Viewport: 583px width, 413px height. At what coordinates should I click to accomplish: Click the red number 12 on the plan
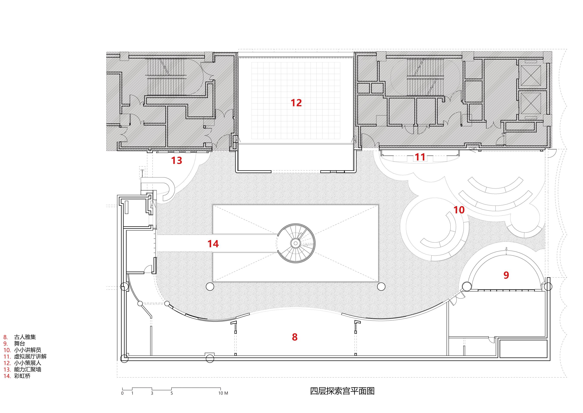pos(296,103)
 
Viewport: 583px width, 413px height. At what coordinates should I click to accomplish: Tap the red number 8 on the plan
pos(295,337)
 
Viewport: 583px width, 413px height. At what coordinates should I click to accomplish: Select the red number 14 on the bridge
pos(213,244)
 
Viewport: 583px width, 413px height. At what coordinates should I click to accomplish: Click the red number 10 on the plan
pos(459,210)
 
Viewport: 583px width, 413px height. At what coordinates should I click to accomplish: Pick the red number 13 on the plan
pos(177,160)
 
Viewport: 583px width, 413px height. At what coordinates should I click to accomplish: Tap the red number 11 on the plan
pos(420,157)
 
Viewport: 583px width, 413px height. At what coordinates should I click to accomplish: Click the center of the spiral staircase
pos(296,243)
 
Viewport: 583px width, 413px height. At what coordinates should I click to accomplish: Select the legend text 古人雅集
pos(25,337)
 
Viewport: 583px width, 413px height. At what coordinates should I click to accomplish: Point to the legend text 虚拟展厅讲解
pos(30,356)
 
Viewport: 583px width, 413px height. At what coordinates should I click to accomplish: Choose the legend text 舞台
pos(20,343)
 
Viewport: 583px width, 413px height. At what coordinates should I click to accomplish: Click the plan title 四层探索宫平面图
pos(342,391)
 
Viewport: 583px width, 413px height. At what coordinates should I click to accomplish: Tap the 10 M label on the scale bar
pos(223,393)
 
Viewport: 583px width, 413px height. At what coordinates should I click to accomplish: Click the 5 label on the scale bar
pos(171,393)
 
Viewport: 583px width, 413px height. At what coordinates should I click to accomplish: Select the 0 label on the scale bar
pos(122,393)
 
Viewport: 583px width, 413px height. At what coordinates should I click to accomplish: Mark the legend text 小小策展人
pos(27,363)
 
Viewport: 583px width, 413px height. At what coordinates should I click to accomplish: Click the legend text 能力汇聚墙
pos(27,370)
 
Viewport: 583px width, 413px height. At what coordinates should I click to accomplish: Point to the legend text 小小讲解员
pos(27,350)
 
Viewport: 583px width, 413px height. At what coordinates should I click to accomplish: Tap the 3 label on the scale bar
pos(152,393)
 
